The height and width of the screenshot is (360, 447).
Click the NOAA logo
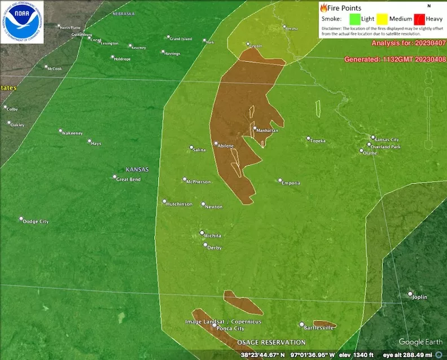click(x=22, y=22)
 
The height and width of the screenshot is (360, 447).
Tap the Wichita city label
click(x=213, y=236)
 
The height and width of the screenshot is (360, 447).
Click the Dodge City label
click(x=36, y=222)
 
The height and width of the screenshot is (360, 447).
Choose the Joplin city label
click(x=419, y=297)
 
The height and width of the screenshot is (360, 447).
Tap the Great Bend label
click(x=128, y=179)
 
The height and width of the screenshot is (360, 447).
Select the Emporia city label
click(x=292, y=183)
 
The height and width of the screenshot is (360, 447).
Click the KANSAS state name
click(x=137, y=169)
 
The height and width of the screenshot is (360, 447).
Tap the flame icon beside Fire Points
click(x=323, y=8)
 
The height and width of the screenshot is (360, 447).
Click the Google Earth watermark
click(x=420, y=342)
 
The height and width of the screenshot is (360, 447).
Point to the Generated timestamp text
click(x=395, y=59)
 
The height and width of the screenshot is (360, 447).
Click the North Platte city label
click(x=71, y=27)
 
